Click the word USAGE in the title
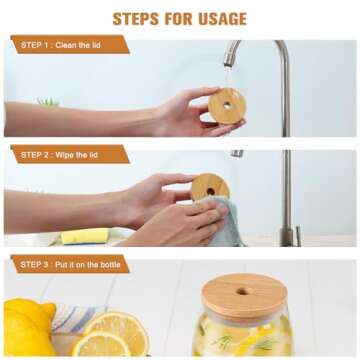coord(213,18)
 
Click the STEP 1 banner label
coord(70,45)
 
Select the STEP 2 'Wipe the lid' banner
coord(70,154)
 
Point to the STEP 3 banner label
coord(70,264)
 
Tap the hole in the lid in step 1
coord(227,104)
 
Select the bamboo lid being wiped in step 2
coord(210,187)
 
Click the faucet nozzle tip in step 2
coord(237,153)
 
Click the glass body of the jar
coord(245,338)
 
